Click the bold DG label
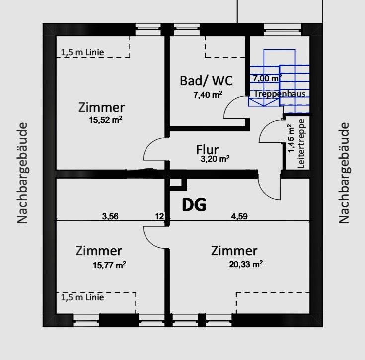[194, 205]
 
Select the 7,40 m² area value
[208, 94]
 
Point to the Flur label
[208, 150]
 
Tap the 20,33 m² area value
[246, 264]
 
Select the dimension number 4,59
[239, 216]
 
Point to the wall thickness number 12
[159, 216]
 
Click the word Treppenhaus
[279, 94]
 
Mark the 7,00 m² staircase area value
[267, 78]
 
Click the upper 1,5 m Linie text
[82, 52]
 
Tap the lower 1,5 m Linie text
[82, 297]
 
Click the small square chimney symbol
[177, 184]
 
